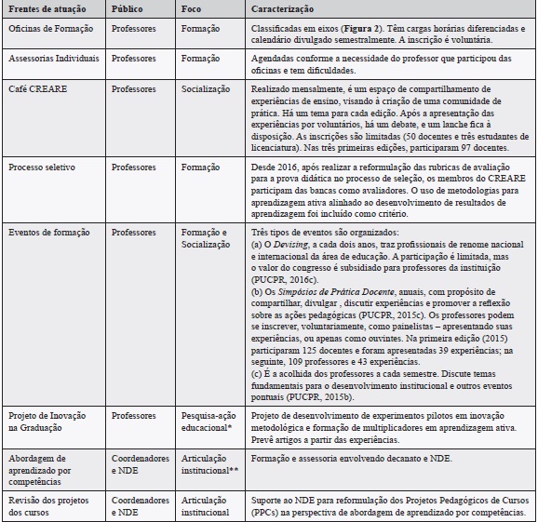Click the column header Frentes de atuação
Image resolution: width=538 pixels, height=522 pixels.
pyautogui.click(x=44, y=7)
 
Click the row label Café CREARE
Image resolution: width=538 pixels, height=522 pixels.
pyautogui.click(x=36, y=84)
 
